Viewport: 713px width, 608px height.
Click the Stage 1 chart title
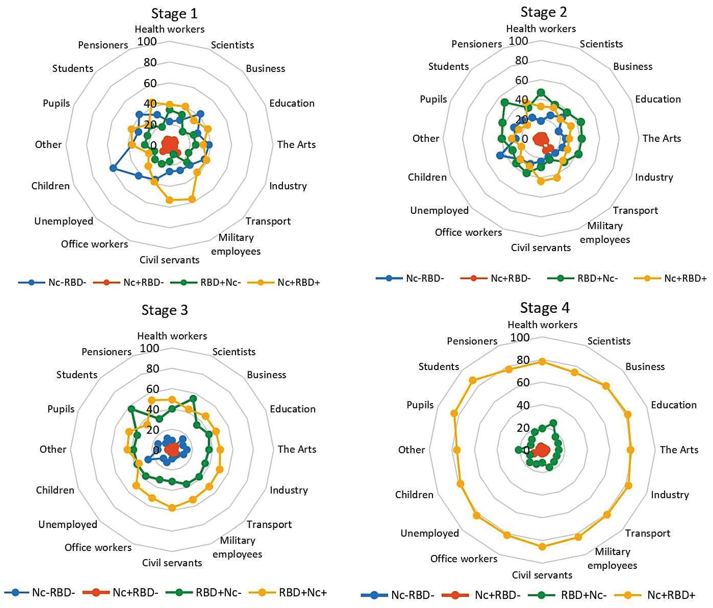point(174,14)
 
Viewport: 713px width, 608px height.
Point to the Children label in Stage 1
point(51,186)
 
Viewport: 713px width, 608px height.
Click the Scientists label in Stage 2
point(601,44)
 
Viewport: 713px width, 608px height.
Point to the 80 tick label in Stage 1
point(150,62)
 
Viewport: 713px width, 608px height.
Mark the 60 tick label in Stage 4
point(523,382)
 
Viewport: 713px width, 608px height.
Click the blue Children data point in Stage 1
point(113,168)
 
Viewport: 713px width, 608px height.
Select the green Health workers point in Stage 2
point(541,93)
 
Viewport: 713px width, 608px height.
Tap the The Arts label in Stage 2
point(661,138)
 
